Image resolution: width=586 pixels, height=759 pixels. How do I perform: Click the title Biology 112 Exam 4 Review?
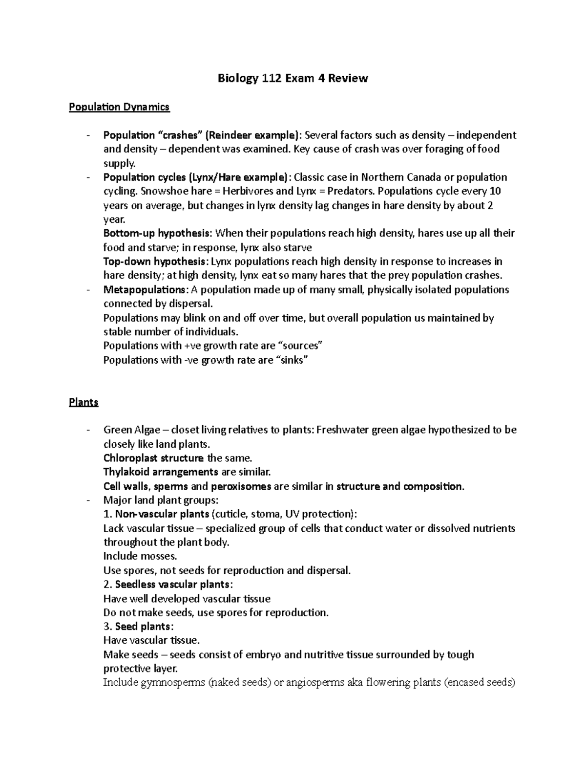pos(293,78)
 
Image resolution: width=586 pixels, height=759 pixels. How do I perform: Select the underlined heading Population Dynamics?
pos(119,107)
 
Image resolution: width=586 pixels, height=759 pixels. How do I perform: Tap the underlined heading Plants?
pos(84,402)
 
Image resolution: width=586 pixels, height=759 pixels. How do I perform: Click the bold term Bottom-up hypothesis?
pos(158,233)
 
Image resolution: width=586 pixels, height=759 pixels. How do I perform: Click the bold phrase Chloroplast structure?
pos(153,458)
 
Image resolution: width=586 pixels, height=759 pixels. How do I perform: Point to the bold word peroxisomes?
pos(241,486)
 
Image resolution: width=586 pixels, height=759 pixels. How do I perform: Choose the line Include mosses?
pos(140,556)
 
